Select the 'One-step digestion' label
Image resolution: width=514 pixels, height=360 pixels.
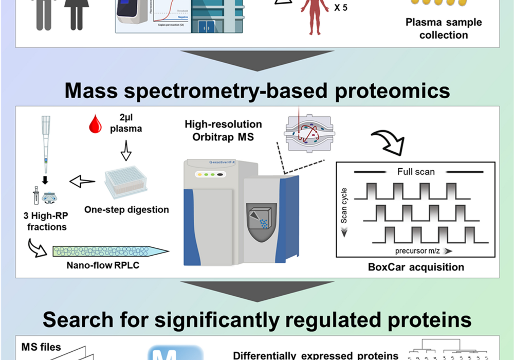tap(127, 210)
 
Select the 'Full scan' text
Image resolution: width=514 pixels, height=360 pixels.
tap(416, 172)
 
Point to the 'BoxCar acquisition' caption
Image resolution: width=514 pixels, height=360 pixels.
tap(416, 267)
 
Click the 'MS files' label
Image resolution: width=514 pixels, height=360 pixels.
tap(41, 347)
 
